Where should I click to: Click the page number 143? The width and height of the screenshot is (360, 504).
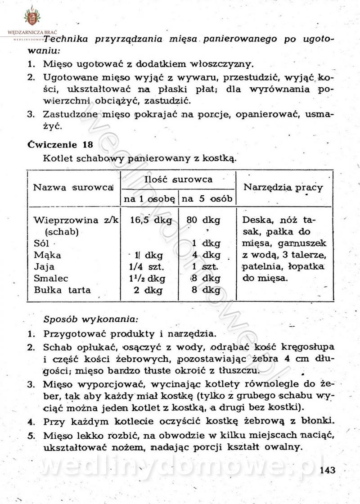[328, 471]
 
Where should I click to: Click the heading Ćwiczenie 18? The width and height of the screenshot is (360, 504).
[60, 144]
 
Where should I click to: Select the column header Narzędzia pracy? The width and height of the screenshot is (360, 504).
[283, 187]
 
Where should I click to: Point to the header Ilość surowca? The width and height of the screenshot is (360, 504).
[178, 180]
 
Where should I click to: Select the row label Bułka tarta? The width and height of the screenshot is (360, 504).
[62, 290]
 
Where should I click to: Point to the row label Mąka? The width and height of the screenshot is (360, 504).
[47, 255]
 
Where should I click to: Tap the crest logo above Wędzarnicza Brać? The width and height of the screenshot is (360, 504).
[31, 18]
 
